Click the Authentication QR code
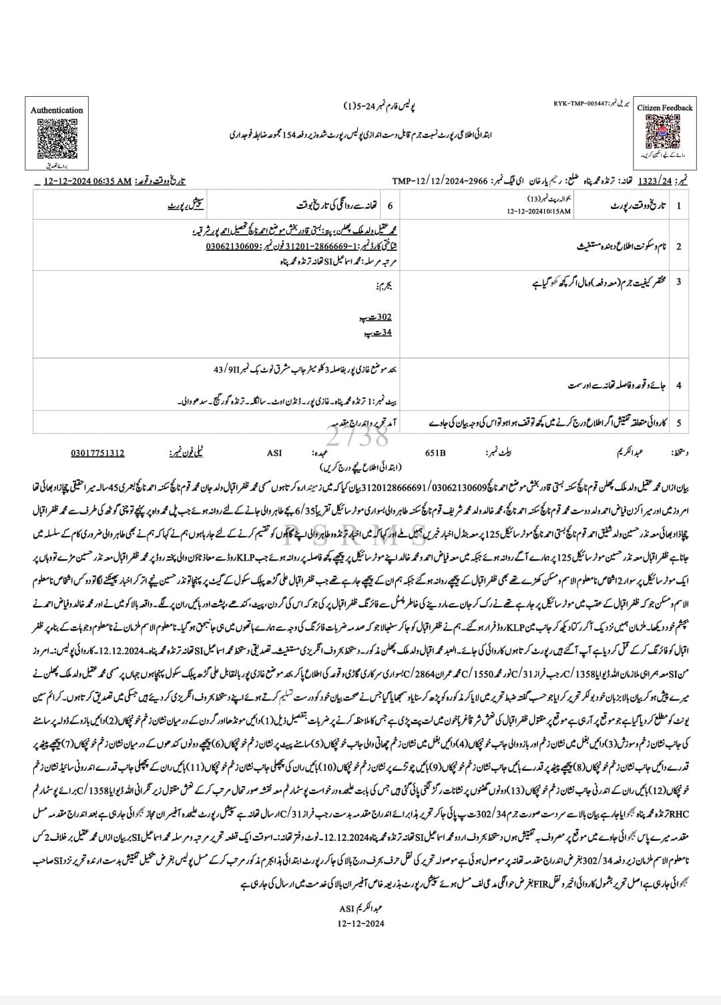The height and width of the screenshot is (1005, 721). [57, 137]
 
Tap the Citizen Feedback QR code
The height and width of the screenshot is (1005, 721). [664, 132]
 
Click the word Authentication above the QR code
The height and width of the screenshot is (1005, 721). [57, 110]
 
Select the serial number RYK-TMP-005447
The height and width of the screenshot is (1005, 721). [579, 104]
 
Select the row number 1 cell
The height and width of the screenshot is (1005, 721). [679, 206]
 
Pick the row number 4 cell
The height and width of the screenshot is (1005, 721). [679, 386]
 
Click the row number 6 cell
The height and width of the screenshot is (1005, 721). [390, 206]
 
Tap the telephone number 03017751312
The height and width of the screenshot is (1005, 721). [97, 453]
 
